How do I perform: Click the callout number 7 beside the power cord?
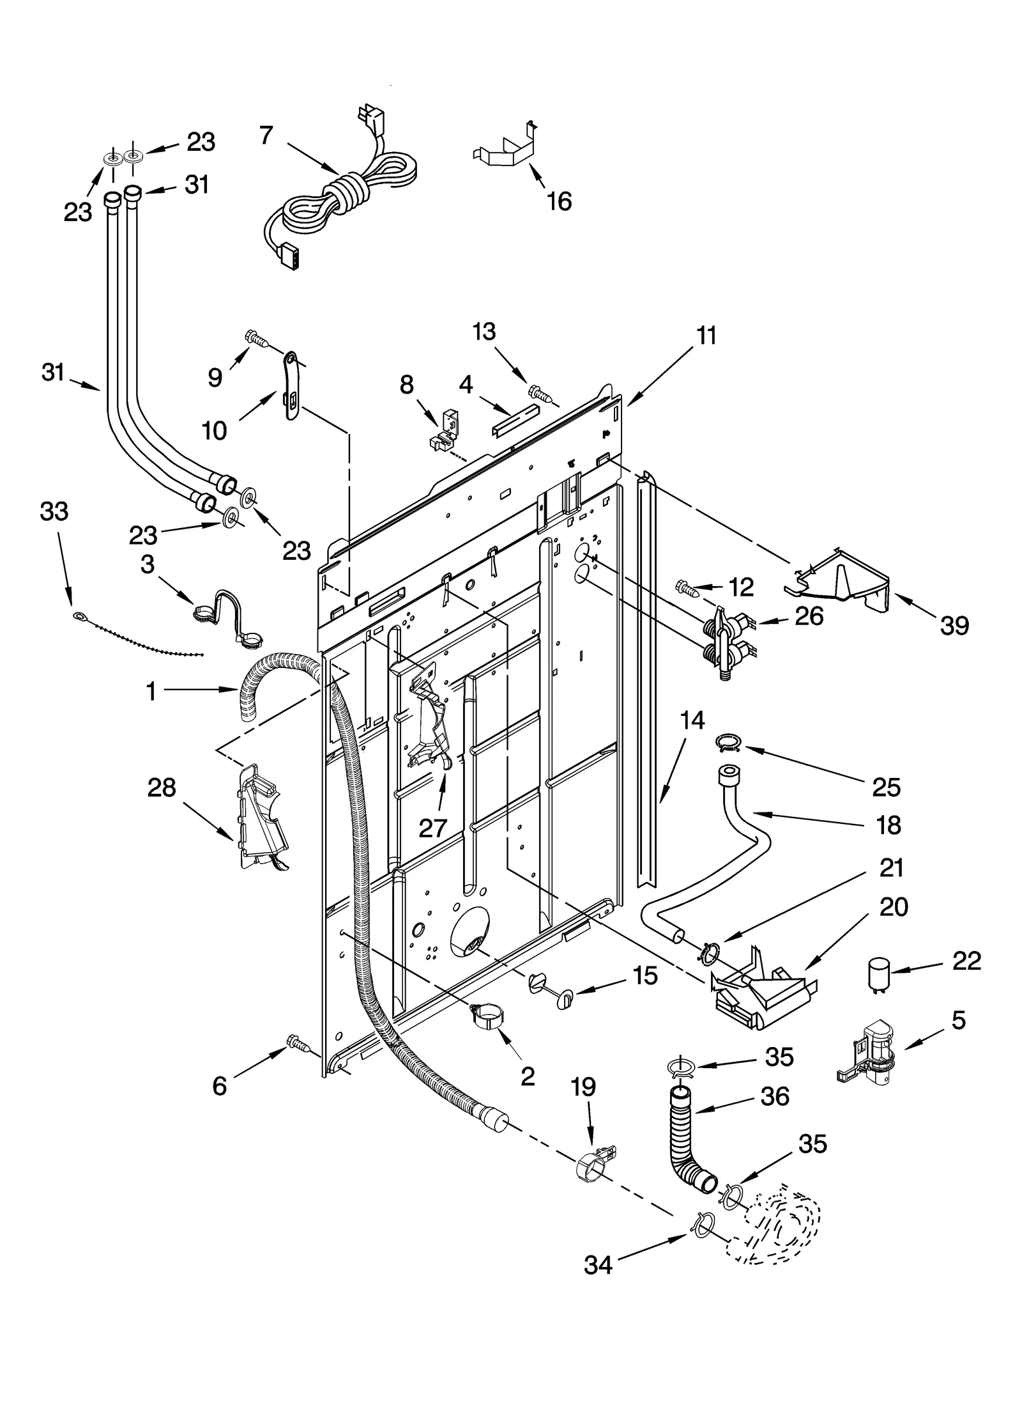click(266, 136)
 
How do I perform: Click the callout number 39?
click(954, 625)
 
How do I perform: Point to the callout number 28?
click(161, 787)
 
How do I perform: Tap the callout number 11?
click(706, 336)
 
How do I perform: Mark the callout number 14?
click(692, 720)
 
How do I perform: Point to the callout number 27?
click(432, 828)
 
